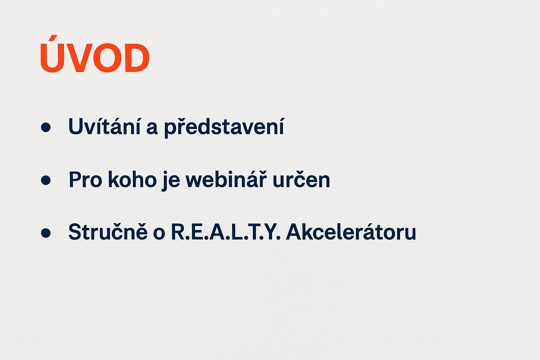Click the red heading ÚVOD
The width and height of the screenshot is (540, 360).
(95, 54)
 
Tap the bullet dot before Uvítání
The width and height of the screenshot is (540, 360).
(46, 127)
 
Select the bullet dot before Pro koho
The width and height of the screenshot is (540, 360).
(46, 180)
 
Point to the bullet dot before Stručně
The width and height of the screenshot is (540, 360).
(46, 233)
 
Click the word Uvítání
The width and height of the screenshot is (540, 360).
(104, 126)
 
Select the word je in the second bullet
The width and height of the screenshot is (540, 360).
(171, 181)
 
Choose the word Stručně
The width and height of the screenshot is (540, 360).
(108, 231)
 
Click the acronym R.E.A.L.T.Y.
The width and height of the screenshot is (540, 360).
(226, 232)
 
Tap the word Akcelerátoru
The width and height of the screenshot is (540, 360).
(351, 231)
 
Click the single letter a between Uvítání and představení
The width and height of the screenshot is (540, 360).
(152, 129)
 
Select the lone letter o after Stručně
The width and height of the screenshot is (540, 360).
(159, 234)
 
